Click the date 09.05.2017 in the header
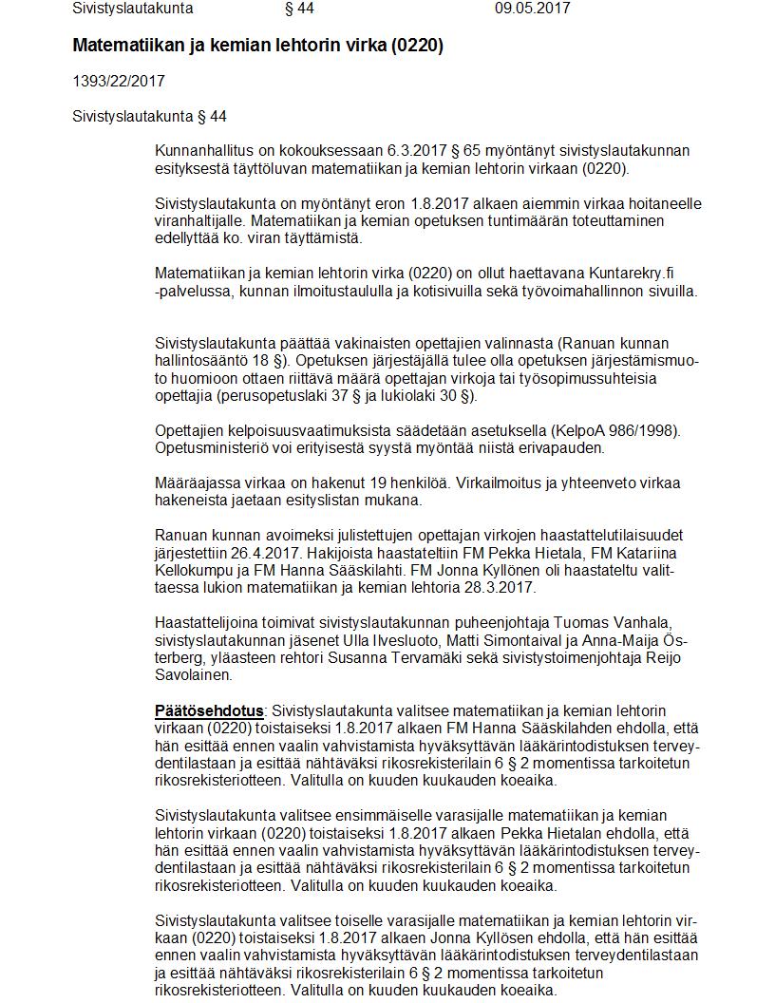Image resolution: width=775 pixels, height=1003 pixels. (532, 9)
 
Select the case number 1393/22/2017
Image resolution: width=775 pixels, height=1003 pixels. (119, 82)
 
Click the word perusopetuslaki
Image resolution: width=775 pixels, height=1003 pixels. (272, 395)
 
